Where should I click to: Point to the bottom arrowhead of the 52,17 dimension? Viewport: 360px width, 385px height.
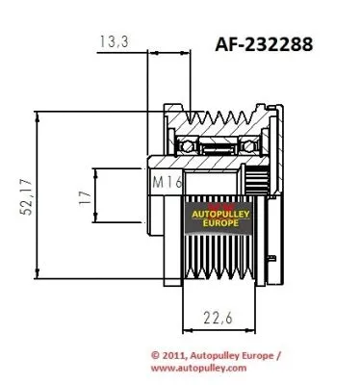[x=38, y=273]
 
